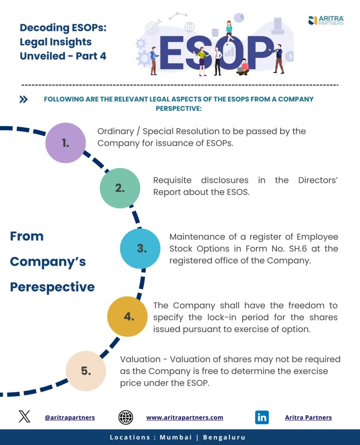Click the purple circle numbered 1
point(66,143)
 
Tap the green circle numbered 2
point(120,188)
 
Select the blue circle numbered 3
point(140,249)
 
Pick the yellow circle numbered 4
point(128,316)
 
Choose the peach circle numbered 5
point(86,371)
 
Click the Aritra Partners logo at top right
point(326,20)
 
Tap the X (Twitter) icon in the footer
point(25,417)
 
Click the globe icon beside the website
point(126,417)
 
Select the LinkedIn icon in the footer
point(262,417)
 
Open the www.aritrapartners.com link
point(185,417)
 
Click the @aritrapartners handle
point(69,417)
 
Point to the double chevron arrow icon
point(24,100)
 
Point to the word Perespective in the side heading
point(52,287)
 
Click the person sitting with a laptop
point(243,66)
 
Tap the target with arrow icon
point(152,27)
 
